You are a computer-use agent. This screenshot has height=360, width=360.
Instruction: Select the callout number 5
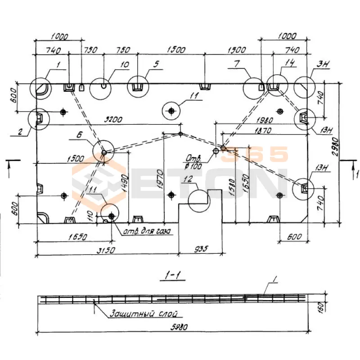point(155,64)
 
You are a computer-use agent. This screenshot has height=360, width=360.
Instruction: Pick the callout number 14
point(290,64)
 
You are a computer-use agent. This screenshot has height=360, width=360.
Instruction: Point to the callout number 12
point(188,180)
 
